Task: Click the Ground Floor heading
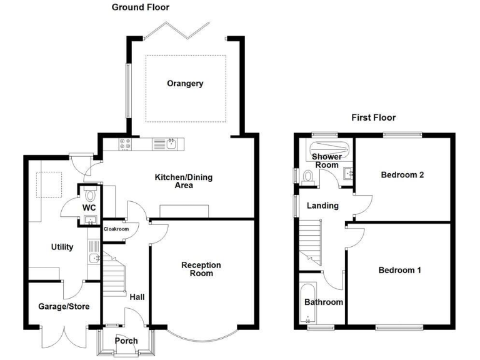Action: pyautogui.click(x=140, y=7)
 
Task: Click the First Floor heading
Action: pyautogui.click(x=373, y=117)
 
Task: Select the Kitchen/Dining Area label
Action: pyautogui.click(x=184, y=181)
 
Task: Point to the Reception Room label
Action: pyautogui.click(x=201, y=269)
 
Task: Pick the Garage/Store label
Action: pyautogui.click(x=64, y=307)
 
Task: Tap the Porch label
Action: pyautogui.click(x=126, y=341)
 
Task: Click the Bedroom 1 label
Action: pyautogui.click(x=399, y=271)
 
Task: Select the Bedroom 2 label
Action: pyautogui.click(x=402, y=175)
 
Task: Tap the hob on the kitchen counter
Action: pyautogui.click(x=125, y=144)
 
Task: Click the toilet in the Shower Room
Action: pyautogui.click(x=307, y=177)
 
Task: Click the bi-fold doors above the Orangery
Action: pyautogui.click(x=177, y=29)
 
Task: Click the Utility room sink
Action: pyautogui.click(x=94, y=257)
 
